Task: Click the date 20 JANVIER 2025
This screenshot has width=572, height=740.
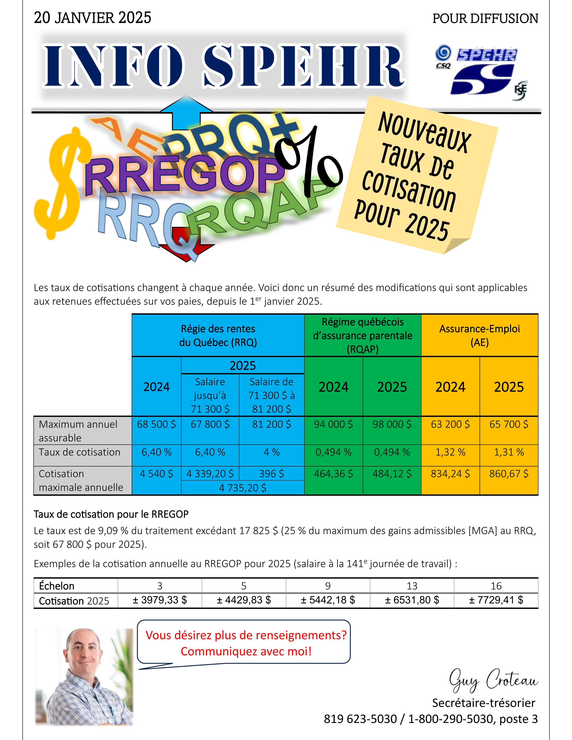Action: pyautogui.click(x=92, y=18)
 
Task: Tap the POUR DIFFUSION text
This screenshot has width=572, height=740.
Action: pyautogui.click(x=485, y=19)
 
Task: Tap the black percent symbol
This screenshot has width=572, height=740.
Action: pyautogui.click(x=310, y=163)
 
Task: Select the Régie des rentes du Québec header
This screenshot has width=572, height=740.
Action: pyautogui.click(x=218, y=335)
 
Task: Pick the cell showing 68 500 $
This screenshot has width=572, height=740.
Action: pyautogui.click(x=156, y=424)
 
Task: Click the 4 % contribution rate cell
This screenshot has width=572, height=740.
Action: pyautogui.click(x=271, y=452)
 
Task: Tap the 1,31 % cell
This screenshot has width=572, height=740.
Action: pyautogui.click(x=509, y=452)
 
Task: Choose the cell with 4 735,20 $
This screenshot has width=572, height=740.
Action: pyautogui.click(x=243, y=488)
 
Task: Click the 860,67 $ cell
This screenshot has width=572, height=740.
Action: pyautogui.click(x=509, y=474)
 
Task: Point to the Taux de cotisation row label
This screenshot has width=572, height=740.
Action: pyautogui.click(x=80, y=452)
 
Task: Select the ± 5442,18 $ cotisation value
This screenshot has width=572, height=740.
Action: pyautogui.click(x=328, y=600)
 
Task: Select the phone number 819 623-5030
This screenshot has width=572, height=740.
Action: pyautogui.click(x=360, y=719)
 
